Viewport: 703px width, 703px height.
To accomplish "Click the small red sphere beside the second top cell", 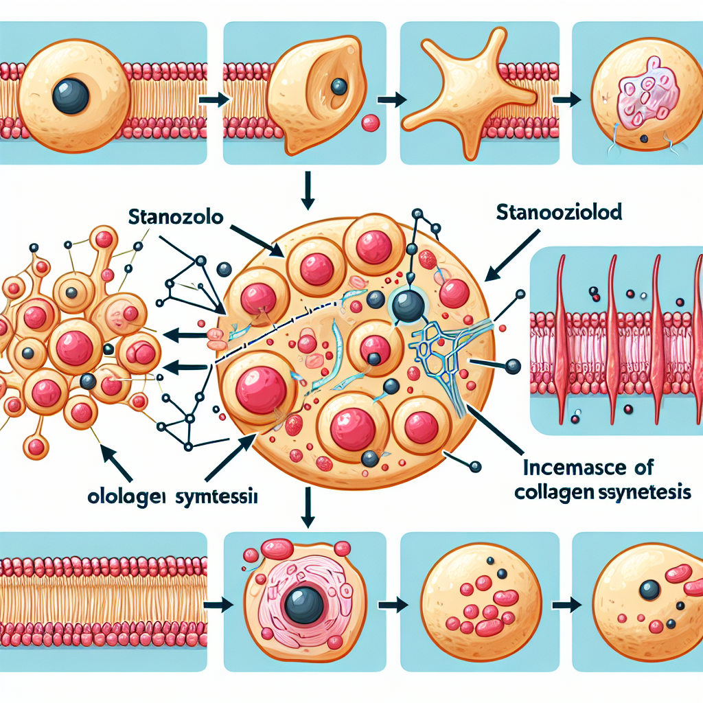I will point(370,123).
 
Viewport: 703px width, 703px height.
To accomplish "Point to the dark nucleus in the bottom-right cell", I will point(649,589).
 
